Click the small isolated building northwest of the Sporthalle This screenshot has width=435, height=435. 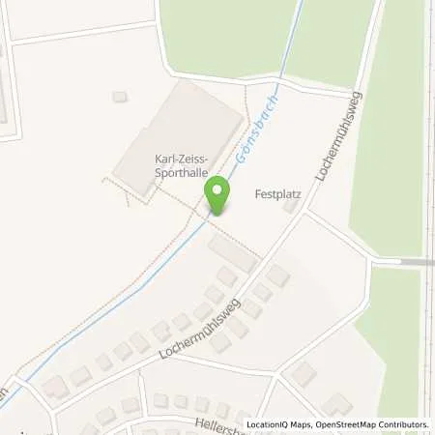coord(120,97)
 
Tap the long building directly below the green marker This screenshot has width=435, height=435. coord(231,253)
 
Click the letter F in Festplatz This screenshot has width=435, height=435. coord(257,191)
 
